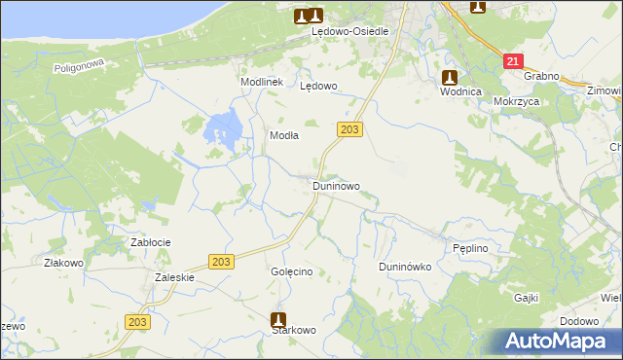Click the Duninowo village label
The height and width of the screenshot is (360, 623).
click(336, 185)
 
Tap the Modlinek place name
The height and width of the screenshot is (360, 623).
click(261, 83)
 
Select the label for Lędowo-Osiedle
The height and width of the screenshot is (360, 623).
click(349, 31)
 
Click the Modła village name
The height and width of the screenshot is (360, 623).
click(283, 136)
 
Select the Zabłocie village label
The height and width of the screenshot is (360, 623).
click(151, 242)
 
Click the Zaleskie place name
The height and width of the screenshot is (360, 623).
click(175, 277)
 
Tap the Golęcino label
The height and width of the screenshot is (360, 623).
click(291, 271)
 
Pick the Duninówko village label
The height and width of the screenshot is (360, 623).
click(404, 267)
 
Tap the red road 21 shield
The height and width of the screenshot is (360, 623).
click(512, 61)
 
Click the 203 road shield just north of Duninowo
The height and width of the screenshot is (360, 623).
click(351, 129)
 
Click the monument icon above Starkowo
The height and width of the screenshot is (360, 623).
click(278, 318)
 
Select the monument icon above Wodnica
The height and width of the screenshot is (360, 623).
click(449, 77)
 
